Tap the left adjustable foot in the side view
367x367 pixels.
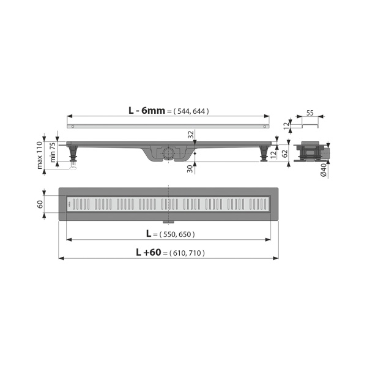pyautogui.click(x=73, y=154)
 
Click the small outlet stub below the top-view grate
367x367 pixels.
pyautogui.click(x=167, y=223)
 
